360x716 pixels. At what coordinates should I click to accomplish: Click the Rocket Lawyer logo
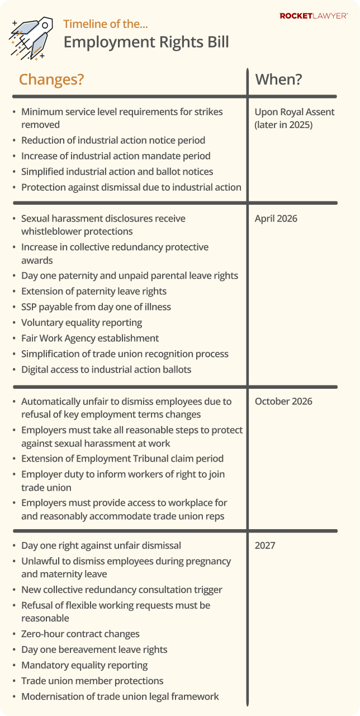(x=314, y=16)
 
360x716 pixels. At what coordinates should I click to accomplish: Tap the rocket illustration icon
(x=31, y=37)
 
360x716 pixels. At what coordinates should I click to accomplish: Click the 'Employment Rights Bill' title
(x=146, y=43)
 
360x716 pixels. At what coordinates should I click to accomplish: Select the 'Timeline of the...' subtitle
(x=106, y=24)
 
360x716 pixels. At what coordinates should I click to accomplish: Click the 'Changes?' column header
(x=51, y=79)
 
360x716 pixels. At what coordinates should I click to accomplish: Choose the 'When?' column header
(x=278, y=79)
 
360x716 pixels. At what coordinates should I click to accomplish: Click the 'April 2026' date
(x=276, y=218)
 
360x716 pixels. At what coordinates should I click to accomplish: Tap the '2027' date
(x=265, y=545)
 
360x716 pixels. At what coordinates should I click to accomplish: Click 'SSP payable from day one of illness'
(x=96, y=307)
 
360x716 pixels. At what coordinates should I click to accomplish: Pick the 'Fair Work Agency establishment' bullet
(x=90, y=338)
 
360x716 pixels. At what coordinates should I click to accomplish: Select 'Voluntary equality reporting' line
(x=82, y=322)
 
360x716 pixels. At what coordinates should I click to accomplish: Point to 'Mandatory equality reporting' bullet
(x=84, y=665)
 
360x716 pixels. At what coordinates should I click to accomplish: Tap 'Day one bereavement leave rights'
(x=94, y=649)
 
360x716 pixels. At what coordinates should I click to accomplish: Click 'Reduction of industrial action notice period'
(x=113, y=140)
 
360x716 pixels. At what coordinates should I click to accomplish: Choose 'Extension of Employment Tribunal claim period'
(x=122, y=458)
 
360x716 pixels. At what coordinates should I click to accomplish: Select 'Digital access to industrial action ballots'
(x=106, y=369)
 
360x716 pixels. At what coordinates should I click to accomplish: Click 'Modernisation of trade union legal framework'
(x=120, y=696)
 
